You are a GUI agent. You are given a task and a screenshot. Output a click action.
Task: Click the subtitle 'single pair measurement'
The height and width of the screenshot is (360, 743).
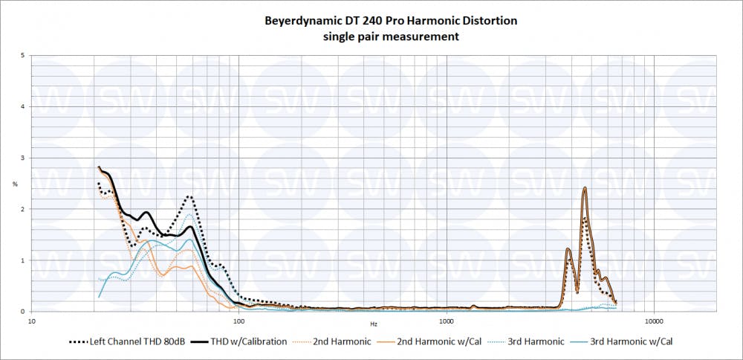(391, 36)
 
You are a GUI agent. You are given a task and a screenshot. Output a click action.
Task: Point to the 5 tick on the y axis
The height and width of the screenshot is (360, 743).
(24, 56)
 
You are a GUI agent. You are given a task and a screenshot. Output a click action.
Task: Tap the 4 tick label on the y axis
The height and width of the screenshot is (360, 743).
(24, 107)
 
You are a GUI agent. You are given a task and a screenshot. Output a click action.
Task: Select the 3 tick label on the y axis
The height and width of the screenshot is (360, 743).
(24, 158)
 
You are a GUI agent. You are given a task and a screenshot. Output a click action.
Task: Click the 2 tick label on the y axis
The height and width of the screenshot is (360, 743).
(24, 209)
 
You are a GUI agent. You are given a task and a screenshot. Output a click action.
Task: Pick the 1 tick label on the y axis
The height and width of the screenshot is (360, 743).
(24, 260)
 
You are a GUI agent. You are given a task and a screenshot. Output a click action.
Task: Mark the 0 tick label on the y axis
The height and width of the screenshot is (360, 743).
(24, 312)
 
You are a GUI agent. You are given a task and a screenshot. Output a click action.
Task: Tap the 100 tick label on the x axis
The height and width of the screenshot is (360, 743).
(239, 322)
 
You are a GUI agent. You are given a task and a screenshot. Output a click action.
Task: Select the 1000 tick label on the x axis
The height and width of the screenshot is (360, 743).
(447, 322)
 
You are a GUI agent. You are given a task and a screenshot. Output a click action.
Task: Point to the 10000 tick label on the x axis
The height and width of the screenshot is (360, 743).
(654, 322)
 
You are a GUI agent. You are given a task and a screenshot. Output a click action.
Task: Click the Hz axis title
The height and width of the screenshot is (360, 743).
(374, 324)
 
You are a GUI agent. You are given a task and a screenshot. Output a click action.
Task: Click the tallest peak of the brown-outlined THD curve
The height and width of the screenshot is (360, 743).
(585, 187)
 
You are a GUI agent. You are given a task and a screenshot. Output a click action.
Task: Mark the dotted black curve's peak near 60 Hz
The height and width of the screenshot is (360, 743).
(190, 196)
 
